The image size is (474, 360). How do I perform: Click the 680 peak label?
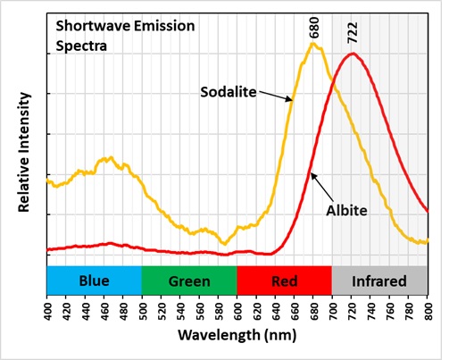314,28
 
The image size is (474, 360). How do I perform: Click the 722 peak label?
353,33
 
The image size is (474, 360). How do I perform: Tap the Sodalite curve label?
229,92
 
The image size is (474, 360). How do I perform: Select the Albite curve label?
346,211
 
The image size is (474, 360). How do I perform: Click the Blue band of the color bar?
95,280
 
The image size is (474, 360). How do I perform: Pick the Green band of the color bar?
189,280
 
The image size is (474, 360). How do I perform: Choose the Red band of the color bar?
285,280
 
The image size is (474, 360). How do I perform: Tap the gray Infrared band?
379,280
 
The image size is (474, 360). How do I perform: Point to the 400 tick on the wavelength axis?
47,310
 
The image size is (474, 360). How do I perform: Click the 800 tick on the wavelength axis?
428,310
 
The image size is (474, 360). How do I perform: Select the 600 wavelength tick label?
237,310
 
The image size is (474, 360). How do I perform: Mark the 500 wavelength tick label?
143,310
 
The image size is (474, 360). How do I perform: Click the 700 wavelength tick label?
333,310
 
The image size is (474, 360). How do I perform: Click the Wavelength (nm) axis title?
237,335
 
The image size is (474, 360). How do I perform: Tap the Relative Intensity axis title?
24,152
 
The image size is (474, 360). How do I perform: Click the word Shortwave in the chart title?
93,26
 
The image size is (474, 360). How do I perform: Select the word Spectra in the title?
81,46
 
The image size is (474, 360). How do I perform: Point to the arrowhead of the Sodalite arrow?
292,100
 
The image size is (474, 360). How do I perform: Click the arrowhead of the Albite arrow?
312,173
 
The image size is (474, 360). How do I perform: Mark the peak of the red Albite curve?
353,54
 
